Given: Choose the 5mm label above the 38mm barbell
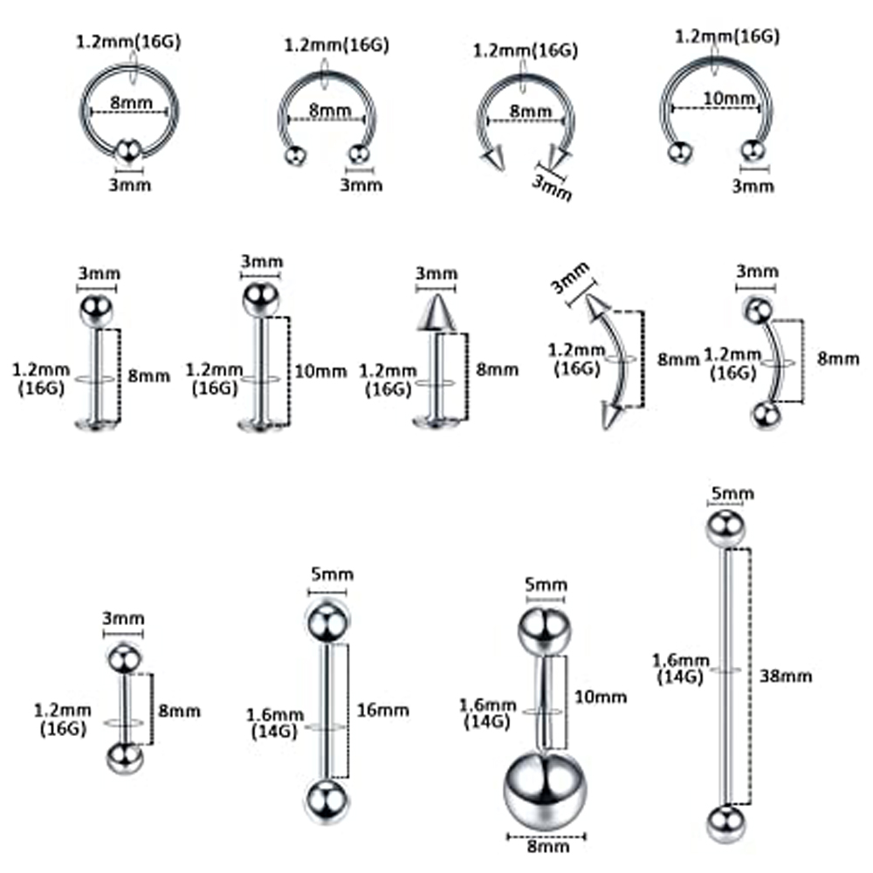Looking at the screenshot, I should (x=732, y=495).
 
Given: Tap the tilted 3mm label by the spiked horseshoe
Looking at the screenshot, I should (x=552, y=184).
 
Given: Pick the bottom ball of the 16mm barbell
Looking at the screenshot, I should (x=328, y=799).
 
